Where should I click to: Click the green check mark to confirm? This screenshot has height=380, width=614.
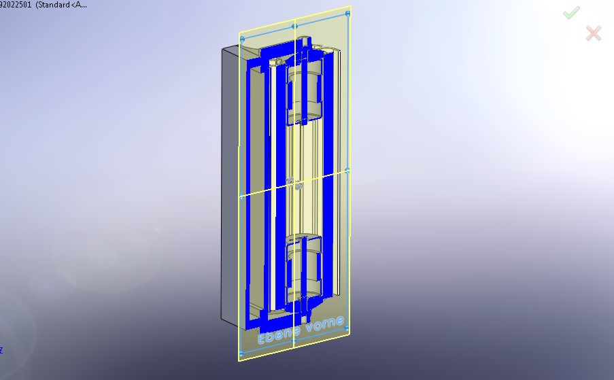pyautogui.click(x=571, y=12)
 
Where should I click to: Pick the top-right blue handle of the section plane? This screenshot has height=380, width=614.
pyautogui.click(x=348, y=13)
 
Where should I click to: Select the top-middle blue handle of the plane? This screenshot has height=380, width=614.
pyautogui.click(x=294, y=26)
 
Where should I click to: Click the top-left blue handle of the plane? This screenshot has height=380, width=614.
pyautogui.click(x=241, y=39)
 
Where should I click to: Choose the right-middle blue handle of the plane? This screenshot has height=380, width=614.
pyautogui.click(x=347, y=171)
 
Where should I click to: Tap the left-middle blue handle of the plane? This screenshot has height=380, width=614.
pyautogui.click(x=241, y=198)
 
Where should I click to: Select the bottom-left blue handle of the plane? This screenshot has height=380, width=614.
pyautogui.click(x=241, y=354)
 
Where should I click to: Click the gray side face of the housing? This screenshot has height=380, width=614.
pyautogui.click(x=230, y=184)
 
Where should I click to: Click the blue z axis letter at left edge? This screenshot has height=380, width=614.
pyautogui.click(x=1, y=350)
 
